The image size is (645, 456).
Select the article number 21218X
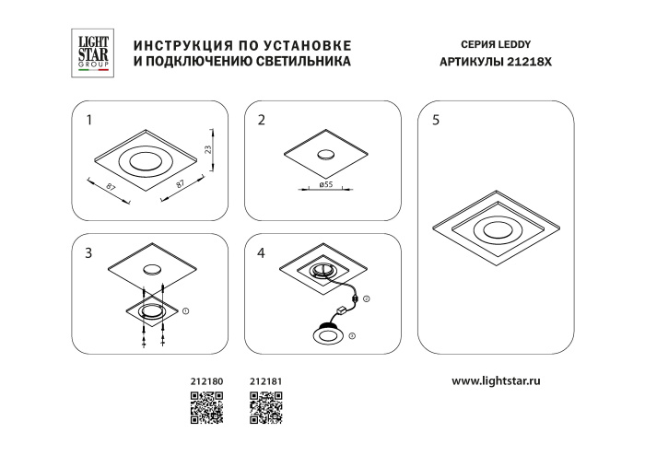(x=532, y=64)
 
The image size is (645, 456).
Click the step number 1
(x=88, y=121)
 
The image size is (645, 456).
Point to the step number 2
(x=262, y=121)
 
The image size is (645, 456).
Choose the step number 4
(x=262, y=253)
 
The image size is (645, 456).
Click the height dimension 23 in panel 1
(x=208, y=148)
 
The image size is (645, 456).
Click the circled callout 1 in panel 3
(x=186, y=312)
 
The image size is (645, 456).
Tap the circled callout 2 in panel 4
(x=365, y=300)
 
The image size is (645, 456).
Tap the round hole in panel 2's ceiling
(x=326, y=156)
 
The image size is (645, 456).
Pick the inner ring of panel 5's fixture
(x=494, y=230)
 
